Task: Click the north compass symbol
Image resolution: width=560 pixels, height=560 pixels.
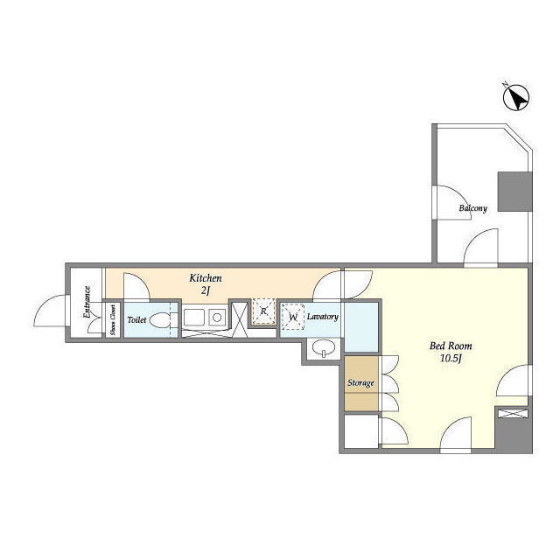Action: click(516, 97)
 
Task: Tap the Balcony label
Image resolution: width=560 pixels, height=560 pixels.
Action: click(472, 208)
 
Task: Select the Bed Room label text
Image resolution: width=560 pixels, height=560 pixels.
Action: click(451, 346)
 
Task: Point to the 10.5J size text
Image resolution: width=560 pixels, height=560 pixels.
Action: click(451, 359)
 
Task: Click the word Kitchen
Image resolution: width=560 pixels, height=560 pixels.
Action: click(206, 278)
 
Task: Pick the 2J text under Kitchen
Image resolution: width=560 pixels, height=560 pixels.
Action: click(205, 290)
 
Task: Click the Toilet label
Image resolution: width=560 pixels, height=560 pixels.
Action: click(136, 319)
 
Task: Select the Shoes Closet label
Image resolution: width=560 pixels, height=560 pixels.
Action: click(113, 320)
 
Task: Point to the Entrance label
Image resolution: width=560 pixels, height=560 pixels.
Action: click(87, 302)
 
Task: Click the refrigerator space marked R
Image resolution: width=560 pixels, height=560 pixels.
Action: click(263, 311)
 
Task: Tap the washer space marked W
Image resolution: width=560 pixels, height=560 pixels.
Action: click(293, 317)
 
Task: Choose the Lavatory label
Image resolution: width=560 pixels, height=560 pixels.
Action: click(323, 317)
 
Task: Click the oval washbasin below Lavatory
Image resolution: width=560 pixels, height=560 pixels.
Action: click(324, 346)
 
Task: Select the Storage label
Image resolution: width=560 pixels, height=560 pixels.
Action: click(360, 383)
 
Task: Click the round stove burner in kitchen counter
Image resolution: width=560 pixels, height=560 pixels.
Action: click(217, 317)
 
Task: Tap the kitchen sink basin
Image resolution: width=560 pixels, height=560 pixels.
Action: click(194, 317)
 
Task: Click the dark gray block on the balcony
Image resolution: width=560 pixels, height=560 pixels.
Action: click(514, 192)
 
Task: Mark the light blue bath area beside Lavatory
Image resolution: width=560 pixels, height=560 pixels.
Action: click(360, 326)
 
